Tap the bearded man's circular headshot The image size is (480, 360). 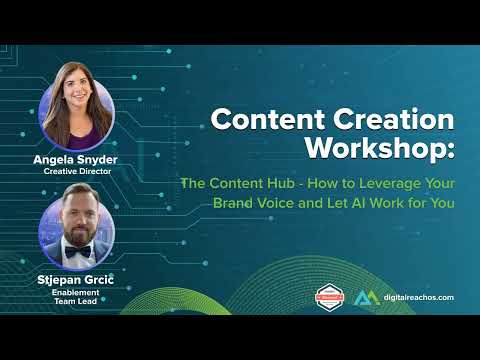point(77,226)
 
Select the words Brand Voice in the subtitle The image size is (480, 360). point(257,203)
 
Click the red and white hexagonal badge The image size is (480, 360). point(330,297)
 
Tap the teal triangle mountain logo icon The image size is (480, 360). point(365,297)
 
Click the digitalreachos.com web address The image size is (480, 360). point(418,298)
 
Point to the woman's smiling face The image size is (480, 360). point(77,102)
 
